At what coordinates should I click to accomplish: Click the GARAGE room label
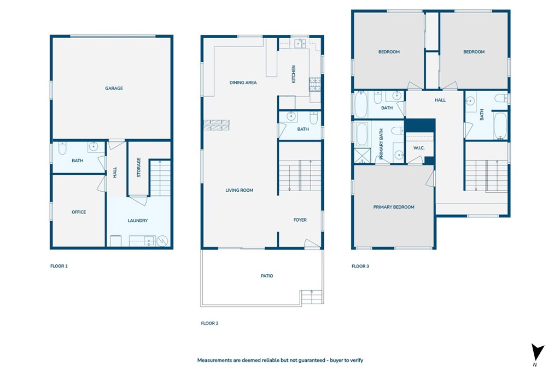(x=114, y=88)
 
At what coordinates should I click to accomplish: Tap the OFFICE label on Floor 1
(x=79, y=212)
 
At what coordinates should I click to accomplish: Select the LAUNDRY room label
(x=137, y=221)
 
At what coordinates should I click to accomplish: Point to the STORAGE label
(x=138, y=167)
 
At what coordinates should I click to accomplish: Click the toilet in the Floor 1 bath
(x=62, y=148)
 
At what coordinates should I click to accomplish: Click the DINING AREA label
(x=243, y=82)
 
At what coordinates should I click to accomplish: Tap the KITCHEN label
(x=294, y=74)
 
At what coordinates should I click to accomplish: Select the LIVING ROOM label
(x=240, y=190)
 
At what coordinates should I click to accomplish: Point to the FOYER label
(x=300, y=220)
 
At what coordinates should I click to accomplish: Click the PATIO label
(x=267, y=276)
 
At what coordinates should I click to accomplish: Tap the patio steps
(x=312, y=297)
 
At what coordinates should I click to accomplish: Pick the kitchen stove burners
(x=315, y=84)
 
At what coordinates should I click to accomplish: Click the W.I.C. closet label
(x=419, y=148)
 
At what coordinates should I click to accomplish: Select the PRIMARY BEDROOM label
(x=394, y=207)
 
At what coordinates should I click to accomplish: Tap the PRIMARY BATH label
(x=381, y=144)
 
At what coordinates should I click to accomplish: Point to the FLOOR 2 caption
(x=209, y=323)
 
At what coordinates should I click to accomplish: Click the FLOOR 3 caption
(x=360, y=266)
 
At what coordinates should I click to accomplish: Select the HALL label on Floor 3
(x=440, y=100)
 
